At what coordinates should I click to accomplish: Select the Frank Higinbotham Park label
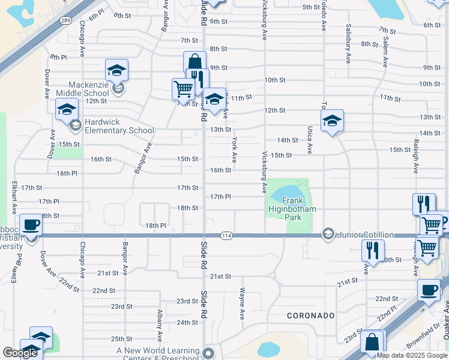[292, 209]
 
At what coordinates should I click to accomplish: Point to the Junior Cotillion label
[365, 234]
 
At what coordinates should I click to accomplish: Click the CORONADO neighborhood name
[310, 315]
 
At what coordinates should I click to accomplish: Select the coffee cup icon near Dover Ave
[31, 225]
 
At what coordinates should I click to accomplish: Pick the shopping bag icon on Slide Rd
[194, 62]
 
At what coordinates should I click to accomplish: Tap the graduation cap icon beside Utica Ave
[332, 121]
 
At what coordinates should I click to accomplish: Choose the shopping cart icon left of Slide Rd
[183, 89]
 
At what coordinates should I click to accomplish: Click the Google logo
[20, 353]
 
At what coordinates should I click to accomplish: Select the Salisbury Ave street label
[348, 43]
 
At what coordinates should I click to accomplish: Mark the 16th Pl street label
[67, 173]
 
